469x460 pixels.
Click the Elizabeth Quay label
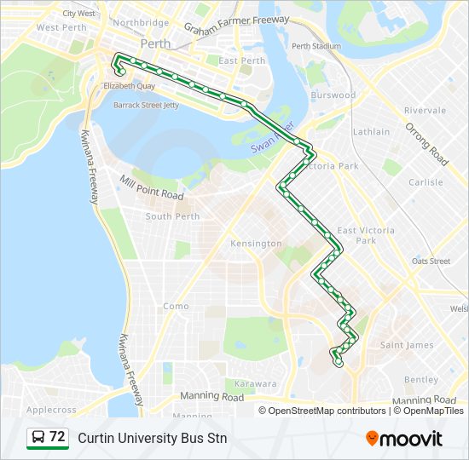(x=128, y=86)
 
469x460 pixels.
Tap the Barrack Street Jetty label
(x=146, y=106)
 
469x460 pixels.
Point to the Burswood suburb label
(x=333, y=95)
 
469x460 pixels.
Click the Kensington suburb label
(x=256, y=244)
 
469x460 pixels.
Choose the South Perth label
(x=172, y=216)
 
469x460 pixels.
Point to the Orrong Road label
(x=426, y=143)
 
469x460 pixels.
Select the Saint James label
(x=407, y=345)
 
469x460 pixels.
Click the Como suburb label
(x=176, y=306)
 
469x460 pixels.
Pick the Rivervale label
(x=425, y=111)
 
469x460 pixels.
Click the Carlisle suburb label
(x=426, y=182)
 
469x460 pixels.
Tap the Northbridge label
(x=140, y=23)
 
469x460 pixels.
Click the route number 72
(x=57, y=437)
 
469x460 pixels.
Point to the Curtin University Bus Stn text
(x=152, y=438)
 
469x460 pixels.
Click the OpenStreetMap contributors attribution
(x=327, y=411)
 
